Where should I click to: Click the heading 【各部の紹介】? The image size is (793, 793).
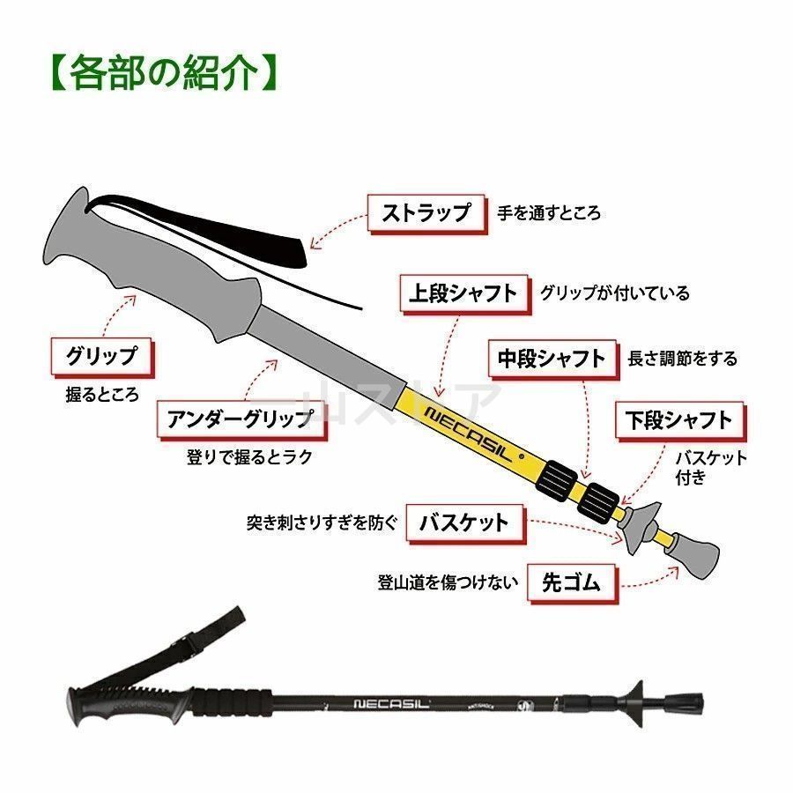click(x=165, y=73)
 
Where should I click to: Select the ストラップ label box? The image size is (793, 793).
click(x=426, y=213)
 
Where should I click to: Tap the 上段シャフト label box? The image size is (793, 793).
click(x=464, y=293)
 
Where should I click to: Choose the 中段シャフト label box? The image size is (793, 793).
click(x=552, y=359)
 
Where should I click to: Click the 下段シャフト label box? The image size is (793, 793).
click(x=679, y=420)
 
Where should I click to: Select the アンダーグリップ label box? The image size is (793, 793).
click(x=241, y=419)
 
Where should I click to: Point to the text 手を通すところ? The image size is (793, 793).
click(x=549, y=213)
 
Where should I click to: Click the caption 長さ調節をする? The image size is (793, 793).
click(x=682, y=359)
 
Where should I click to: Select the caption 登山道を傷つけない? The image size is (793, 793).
click(x=448, y=582)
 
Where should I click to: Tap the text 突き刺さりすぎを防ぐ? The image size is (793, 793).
click(x=322, y=522)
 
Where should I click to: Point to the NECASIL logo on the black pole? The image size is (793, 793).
click(x=391, y=703)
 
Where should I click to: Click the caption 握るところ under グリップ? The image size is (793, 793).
click(x=102, y=395)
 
